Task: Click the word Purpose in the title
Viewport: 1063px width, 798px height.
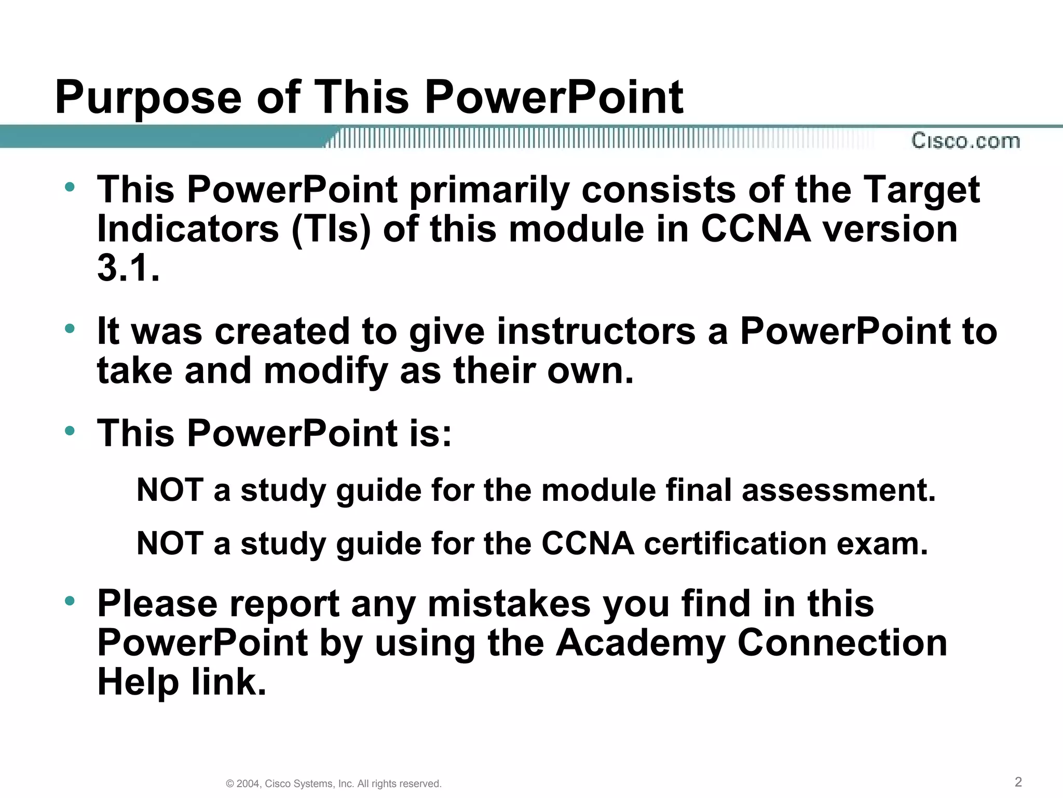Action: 148,98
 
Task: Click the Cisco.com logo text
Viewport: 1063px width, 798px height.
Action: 965,141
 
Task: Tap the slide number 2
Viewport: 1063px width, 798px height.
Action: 1018,782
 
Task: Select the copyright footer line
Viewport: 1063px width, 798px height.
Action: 334,783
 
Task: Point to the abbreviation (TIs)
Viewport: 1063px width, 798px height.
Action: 331,229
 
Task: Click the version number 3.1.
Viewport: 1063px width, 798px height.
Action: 128,269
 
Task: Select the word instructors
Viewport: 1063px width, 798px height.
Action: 596,331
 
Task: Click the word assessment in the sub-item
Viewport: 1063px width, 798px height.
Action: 839,490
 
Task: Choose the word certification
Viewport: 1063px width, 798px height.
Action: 735,544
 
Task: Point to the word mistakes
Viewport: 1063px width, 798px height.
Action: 509,604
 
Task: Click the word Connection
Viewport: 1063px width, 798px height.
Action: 842,643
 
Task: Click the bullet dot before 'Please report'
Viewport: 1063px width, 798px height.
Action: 70,601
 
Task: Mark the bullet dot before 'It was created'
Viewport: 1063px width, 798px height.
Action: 70,328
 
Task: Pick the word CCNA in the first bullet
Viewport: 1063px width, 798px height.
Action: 756,229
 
